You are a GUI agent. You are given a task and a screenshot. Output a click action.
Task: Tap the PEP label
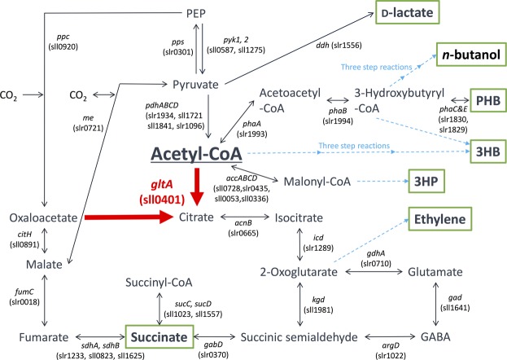(x=196, y=13)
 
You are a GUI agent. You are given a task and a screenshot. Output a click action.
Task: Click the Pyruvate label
(x=194, y=84)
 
